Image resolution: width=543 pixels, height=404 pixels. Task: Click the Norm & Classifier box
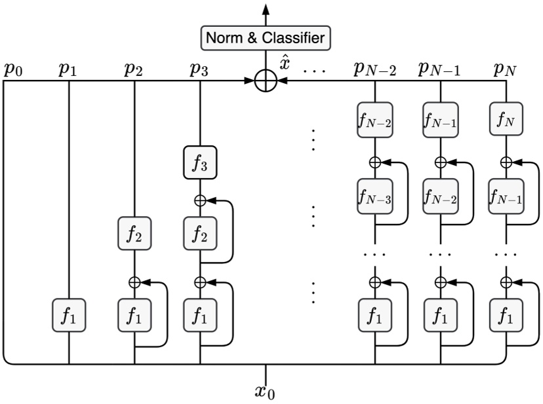click(266, 39)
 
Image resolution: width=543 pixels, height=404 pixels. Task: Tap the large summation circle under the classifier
click(266, 82)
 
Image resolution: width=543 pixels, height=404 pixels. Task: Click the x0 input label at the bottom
click(266, 392)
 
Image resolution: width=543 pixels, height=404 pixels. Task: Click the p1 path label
click(68, 69)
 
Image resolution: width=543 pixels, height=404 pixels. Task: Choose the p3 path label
click(199, 69)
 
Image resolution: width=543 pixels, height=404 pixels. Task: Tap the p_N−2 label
click(376, 69)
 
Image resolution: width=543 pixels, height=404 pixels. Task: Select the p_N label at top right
click(505, 69)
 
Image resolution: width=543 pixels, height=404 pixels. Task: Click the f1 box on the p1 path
click(69, 318)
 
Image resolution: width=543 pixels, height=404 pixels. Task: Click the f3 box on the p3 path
click(200, 164)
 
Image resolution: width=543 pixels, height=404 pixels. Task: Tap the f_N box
click(506, 120)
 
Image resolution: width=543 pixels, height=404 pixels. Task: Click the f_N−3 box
click(375, 196)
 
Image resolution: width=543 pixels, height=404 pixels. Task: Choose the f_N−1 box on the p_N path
click(506, 196)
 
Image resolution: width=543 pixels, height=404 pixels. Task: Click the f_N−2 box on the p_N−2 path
click(375, 120)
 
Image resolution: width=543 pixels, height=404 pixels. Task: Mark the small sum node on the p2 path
click(134, 282)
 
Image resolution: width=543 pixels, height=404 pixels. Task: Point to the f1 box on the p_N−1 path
click(441, 318)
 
